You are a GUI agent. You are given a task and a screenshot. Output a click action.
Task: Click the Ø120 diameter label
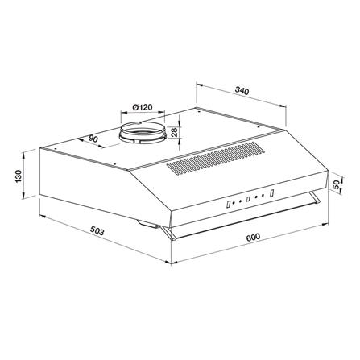coord(143,107)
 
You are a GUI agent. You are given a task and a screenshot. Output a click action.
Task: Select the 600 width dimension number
coord(253,238)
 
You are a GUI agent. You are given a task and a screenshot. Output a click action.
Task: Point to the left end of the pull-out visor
coord(165,234)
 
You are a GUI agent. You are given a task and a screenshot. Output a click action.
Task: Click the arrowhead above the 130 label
coord(28,150)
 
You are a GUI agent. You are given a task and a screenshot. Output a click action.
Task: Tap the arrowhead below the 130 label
coord(28,199)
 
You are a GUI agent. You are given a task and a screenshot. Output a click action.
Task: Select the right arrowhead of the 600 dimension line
coord(324,217)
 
